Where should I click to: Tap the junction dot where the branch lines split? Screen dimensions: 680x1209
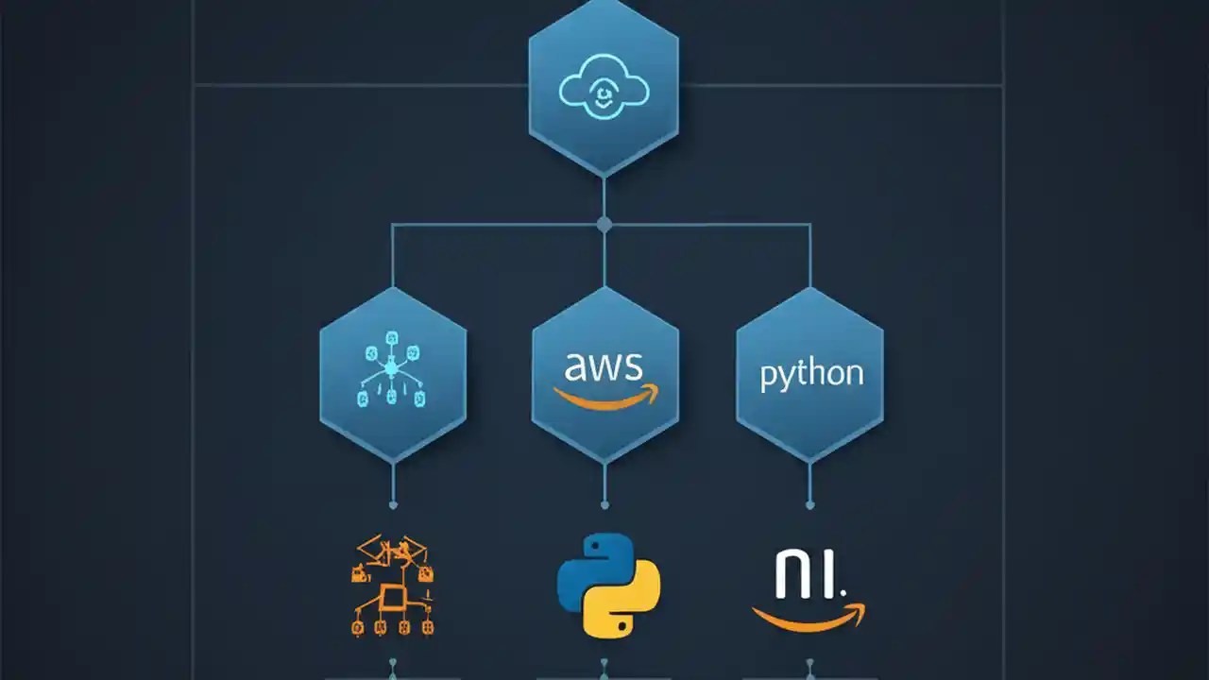tap(604, 225)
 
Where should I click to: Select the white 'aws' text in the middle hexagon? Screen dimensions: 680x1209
tap(604, 365)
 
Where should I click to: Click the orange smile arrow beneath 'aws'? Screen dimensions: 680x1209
tap(604, 398)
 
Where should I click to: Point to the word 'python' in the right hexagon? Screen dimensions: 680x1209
tap(811, 373)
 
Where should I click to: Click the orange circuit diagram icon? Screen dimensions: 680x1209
tap(392, 586)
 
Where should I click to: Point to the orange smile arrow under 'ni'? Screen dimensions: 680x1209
tap(809, 617)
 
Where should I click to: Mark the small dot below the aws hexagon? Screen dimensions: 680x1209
tap(604, 505)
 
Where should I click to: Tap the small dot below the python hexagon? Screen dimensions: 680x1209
tap(809, 505)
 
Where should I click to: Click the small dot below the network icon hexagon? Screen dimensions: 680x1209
tap(393, 505)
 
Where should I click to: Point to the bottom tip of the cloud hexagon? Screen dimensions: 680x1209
tap(604, 176)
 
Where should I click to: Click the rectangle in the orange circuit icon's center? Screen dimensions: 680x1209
tap(391, 596)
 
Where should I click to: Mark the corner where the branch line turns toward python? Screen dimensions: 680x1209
tap(809, 225)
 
